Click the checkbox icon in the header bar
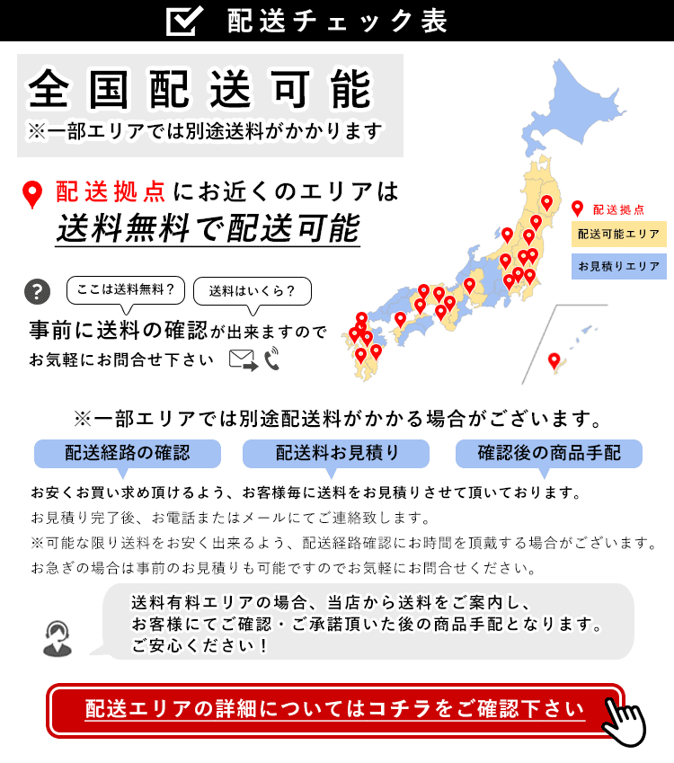coord(185,21)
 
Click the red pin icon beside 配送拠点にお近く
coord(32,194)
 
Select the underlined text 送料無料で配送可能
coord(208,227)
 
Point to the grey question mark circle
coord(37,291)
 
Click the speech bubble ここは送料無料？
coord(126,290)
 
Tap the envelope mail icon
coord(243,359)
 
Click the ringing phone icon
coord(272,359)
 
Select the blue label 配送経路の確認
coord(128,453)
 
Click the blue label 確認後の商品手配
coord(549,453)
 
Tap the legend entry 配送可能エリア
coord(618,234)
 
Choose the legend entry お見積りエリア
coord(618,267)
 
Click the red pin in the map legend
coord(577,208)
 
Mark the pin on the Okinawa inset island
coord(554,361)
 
